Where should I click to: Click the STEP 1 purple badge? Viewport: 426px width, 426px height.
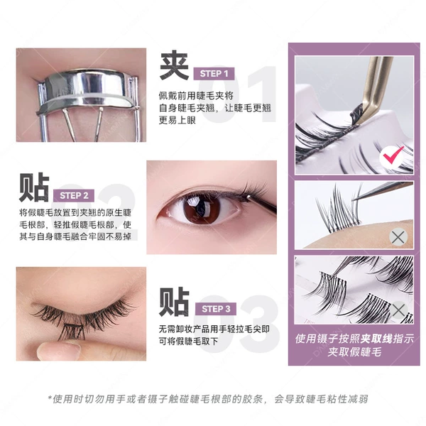pos(214,74)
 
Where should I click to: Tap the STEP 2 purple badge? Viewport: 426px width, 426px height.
pos(74,196)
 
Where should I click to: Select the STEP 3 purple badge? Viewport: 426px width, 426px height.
pos(216,309)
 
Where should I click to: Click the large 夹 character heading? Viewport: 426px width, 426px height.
pos(174,65)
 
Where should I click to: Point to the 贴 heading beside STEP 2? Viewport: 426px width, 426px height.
pos(34,187)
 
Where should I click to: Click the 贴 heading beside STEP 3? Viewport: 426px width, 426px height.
pos(174,302)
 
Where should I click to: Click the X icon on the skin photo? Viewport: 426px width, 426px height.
pos(398,237)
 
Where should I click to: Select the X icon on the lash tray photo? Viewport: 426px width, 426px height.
pos(398,310)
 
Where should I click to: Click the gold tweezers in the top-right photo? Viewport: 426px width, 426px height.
pos(373,89)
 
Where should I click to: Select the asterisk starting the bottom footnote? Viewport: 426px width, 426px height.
pos(50,398)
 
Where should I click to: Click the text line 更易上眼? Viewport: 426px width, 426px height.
pos(177,120)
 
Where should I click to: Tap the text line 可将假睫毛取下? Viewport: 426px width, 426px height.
pos(188,341)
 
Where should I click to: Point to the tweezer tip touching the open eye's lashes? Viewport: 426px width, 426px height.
pos(248,197)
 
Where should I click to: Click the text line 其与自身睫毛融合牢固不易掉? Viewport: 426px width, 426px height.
pos(75,236)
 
